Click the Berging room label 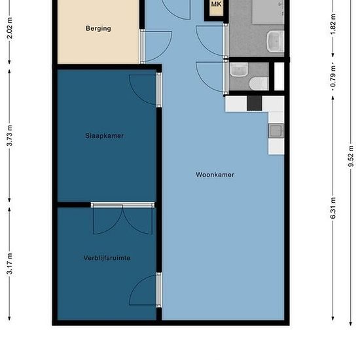click(x=98, y=28)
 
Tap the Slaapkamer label click(x=105, y=135)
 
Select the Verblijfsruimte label click(x=107, y=258)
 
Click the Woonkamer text click(x=215, y=175)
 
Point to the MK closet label click(x=216, y=4)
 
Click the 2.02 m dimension click(x=9, y=27)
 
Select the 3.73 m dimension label click(x=9, y=135)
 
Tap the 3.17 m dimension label click(x=9, y=264)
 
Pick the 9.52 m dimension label click(x=351, y=156)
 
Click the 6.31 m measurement click(x=333, y=208)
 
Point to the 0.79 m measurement click(x=333, y=77)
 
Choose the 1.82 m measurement click(x=333, y=24)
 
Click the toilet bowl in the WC click(x=259, y=84)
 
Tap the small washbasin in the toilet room click(x=239, y=70)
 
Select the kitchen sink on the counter click(x=276, y=131)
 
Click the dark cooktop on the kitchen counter click(x=255, y=103)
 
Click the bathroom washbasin click(x=276, y=41)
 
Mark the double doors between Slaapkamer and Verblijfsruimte click(x=122, y=219)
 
